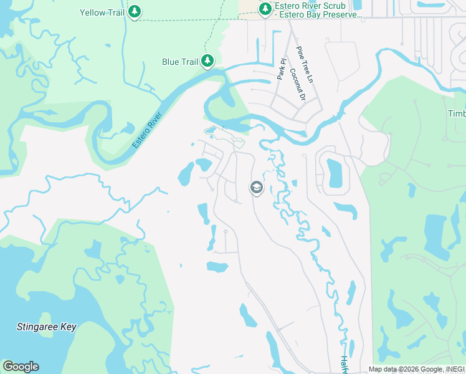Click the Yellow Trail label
click(x=102, y=12)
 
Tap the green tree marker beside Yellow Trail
click(x=135, y=11)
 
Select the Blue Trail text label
click(x=179, y=62)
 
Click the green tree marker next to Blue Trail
click(x=207, y=61)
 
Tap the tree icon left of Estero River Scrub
click(x=265, y=9)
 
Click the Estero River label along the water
click(x=147, y=130)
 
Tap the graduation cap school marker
click(x=256, y=187)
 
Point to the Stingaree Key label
click(x=46, y=327)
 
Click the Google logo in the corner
click(x=21, y=367)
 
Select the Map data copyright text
click(x=416, y=369)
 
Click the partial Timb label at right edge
click(x=457, y=113)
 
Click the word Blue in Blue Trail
click(x=170, y=62)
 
